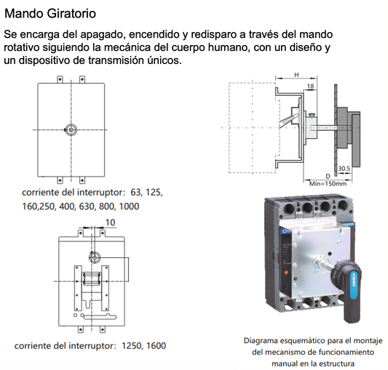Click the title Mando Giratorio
point(49,14)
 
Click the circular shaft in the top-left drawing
point(71,129)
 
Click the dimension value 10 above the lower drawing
point(110,222)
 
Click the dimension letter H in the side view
point(296,76)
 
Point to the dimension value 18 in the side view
point(312,86)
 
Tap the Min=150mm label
point(329,184)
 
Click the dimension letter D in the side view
point(328,177)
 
